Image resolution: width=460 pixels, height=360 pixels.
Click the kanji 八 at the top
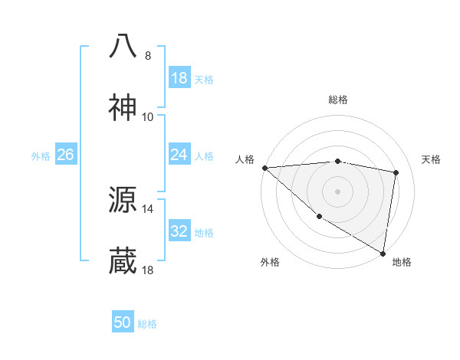point(123,45)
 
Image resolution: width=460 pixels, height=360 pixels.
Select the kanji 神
point(123,108)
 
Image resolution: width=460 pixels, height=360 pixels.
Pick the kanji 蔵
point(123,261)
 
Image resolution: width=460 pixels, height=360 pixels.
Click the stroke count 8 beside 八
point(148,55)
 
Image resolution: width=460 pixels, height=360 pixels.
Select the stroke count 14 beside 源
point(148,208)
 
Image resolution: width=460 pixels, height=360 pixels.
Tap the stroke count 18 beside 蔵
point(148,270)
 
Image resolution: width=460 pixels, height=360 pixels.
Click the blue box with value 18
point(179,77)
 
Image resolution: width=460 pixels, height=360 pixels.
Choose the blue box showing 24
point(179,155)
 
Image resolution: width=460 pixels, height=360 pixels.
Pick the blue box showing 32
point(179,231)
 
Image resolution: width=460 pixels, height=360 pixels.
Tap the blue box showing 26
point(65,155)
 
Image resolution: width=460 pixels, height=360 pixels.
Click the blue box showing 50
point(123,322)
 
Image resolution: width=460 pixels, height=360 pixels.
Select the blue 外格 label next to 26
point(41,155)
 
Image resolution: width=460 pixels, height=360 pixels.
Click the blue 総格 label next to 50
point(147,323)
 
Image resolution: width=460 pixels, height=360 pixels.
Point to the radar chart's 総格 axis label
point(338,100)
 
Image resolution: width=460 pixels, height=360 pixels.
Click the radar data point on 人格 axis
point(264,168)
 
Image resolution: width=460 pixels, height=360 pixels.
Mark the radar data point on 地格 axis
point(383,253)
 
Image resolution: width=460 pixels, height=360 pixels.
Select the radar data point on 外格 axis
point(319,217)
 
